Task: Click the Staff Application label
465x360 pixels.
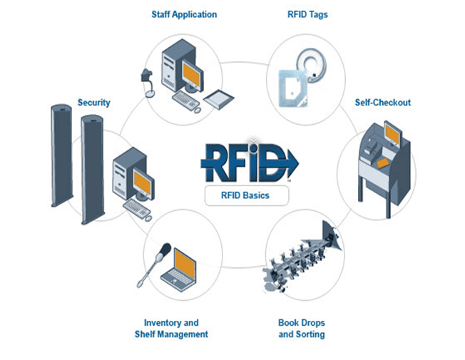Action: point(184,14)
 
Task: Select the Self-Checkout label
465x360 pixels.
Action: point(382,103)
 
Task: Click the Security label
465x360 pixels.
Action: point(94,103)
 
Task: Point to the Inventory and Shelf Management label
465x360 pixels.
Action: point(171,329)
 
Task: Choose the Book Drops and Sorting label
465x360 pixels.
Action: point(301,329)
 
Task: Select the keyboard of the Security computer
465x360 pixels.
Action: point(137,206)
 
